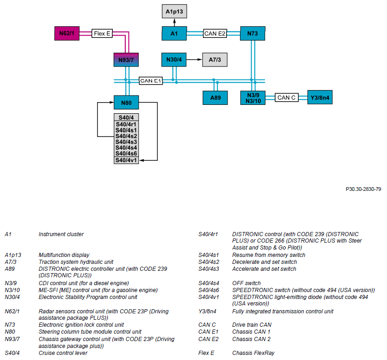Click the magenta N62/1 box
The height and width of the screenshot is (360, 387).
[67, 33]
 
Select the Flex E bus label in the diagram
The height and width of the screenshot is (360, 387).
[102, 33]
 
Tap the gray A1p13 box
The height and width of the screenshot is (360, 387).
[174, 12]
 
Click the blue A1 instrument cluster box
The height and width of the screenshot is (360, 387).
[174, 33]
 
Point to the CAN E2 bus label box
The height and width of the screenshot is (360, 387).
[215, 33]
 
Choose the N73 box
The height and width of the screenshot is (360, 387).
[252, 33]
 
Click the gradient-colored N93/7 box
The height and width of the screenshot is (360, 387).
[126, 60]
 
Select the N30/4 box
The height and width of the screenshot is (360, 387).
[174, 60]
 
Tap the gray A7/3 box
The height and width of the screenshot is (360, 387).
[215, 60]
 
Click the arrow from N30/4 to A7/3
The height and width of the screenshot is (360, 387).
[194, 60]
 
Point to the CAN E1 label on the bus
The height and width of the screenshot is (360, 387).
[151, 81]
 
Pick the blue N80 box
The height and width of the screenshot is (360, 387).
[126, 103]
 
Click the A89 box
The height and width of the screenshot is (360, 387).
[215, 98]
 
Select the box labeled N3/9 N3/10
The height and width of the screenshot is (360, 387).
[253, 98]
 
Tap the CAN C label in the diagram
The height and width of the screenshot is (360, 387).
[287, 98]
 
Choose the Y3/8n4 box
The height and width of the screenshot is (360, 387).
[320, 98]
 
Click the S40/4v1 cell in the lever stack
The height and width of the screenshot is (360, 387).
[126, 160]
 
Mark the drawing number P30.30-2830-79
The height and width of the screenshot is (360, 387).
[363, 189]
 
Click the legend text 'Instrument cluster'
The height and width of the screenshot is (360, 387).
[61, 234]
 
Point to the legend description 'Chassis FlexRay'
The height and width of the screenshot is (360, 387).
[253, 353]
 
